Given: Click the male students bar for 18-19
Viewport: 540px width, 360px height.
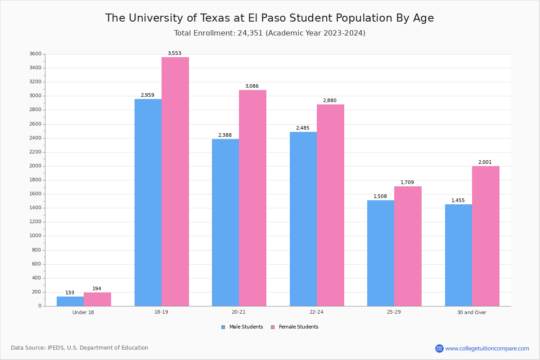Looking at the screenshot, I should pos(148,202).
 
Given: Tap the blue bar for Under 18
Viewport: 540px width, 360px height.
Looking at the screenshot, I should pos(70,301).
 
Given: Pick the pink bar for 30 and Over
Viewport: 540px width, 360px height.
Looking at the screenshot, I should pos(486,236).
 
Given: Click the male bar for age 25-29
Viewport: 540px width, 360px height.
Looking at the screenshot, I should pos(381,253).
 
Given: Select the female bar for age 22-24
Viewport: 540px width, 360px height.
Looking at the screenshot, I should pos(330,205).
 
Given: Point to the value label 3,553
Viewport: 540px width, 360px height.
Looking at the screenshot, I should pos(175,54).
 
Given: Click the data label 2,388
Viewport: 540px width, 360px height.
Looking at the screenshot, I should pos(225,135).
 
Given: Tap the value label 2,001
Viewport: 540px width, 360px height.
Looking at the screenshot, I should pos(485,162).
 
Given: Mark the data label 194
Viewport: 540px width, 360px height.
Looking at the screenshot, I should pos(97,289).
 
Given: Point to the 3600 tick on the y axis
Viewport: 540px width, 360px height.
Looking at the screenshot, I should pos(35,54).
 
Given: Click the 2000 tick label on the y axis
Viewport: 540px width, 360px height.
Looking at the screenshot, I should pos(35,166).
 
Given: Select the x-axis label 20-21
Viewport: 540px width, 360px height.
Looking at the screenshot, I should pos(238,312).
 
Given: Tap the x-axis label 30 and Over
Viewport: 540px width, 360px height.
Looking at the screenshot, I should pos(472,312).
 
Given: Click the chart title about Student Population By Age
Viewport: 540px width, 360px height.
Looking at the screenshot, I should pos(270,18).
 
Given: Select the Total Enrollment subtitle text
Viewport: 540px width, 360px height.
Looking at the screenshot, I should pos(270,33).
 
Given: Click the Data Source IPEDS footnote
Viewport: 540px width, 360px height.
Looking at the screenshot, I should pos(80,348).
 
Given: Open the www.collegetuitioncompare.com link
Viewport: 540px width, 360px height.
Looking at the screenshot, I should pos(487,348).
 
